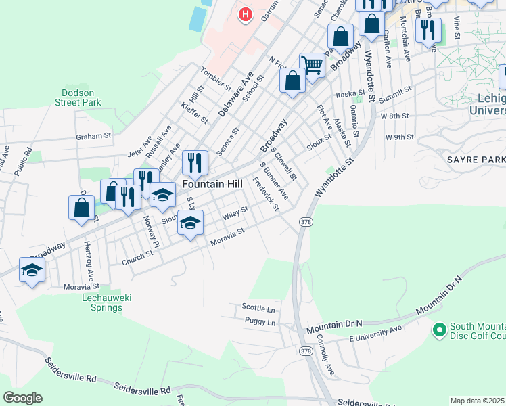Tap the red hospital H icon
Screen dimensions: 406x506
[x=245, y=14]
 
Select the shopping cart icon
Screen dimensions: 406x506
[x=312, y=66]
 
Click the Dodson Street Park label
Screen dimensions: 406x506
[x=80, y=97]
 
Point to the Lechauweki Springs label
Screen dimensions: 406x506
[x=102, y=302]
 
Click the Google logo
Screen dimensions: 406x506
[x=22, y=398]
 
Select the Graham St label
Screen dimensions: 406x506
[x=93, y=136]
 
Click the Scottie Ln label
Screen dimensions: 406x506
[x=258, y=307]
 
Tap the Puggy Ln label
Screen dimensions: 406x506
[x=260, y=323]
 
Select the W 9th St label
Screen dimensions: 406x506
[x=399, y=137]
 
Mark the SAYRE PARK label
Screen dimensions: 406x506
[x=476, y=159]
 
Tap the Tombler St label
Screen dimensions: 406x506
[x=216, y=79]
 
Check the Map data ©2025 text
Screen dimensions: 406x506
[x=478, y=401]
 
